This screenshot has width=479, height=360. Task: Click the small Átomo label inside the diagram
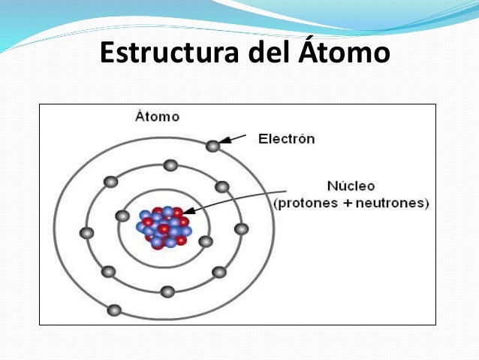coord(157,116)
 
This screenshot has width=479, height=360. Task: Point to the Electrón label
coord(286,139)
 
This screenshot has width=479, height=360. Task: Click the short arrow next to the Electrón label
coord(234,139)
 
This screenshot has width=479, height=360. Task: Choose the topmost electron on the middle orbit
coord(171,165)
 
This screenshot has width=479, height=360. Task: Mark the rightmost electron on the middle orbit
coord(241,228)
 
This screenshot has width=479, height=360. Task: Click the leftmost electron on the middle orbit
coord(87,233)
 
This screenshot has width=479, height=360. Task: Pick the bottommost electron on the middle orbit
coord(167,292)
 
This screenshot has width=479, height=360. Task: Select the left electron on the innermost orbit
coord(122,216)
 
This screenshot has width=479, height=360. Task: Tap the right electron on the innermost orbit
coord(206,242)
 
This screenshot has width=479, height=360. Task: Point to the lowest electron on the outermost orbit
coord(114,310)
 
